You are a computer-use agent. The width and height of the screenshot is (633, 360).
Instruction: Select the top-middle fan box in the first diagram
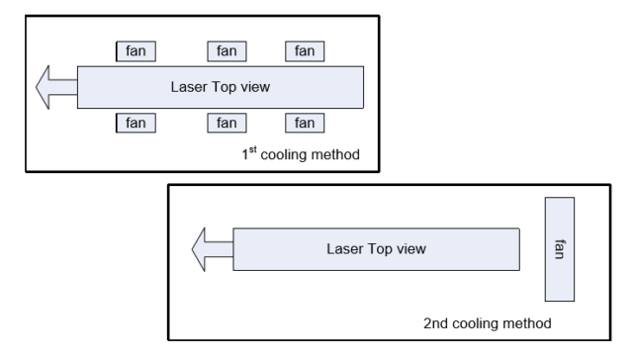coord(226,50)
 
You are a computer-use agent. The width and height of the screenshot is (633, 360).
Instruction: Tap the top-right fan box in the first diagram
coord(305,50)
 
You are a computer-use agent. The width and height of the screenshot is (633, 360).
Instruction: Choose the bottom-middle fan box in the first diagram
coord(226,123)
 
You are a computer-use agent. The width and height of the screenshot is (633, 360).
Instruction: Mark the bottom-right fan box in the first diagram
coord(305,123)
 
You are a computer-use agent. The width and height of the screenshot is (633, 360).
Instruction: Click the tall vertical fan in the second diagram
coord(560,248)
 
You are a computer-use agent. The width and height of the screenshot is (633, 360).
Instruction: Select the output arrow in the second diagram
coord(211,248)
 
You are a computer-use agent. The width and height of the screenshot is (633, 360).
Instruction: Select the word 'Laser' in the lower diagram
coord(345,248)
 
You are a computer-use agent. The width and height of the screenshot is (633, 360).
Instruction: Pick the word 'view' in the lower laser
coord(410,248)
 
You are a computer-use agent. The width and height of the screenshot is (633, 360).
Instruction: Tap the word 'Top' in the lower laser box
coord(379,248)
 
